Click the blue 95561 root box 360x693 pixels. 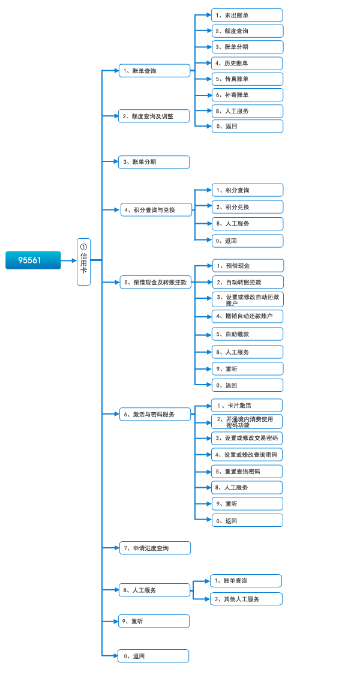(33, 260)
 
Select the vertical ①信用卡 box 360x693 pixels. (83, 262)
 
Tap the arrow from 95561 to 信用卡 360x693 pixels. (69, 260)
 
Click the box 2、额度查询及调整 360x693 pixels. (154, 116)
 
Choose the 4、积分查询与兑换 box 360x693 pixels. (157, 209)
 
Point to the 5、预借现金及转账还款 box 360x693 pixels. (155, 282)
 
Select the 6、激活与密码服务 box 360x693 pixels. (155, 414)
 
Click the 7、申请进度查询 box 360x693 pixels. (155, 548)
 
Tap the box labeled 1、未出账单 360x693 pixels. (247, 15)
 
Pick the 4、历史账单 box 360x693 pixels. (247, 63)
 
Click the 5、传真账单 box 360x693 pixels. (247, 79)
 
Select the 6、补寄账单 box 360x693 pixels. (247, 95)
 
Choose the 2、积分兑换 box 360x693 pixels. (247, 207)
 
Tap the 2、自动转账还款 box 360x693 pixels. (248, 282)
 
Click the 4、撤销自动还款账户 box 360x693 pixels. (247, 316)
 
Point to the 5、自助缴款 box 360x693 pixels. (247, 334)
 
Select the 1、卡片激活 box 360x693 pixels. (247, 405)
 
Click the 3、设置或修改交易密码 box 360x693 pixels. (247, 438)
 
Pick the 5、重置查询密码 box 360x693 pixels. (247, 472)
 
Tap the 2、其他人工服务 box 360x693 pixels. (246, 599)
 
